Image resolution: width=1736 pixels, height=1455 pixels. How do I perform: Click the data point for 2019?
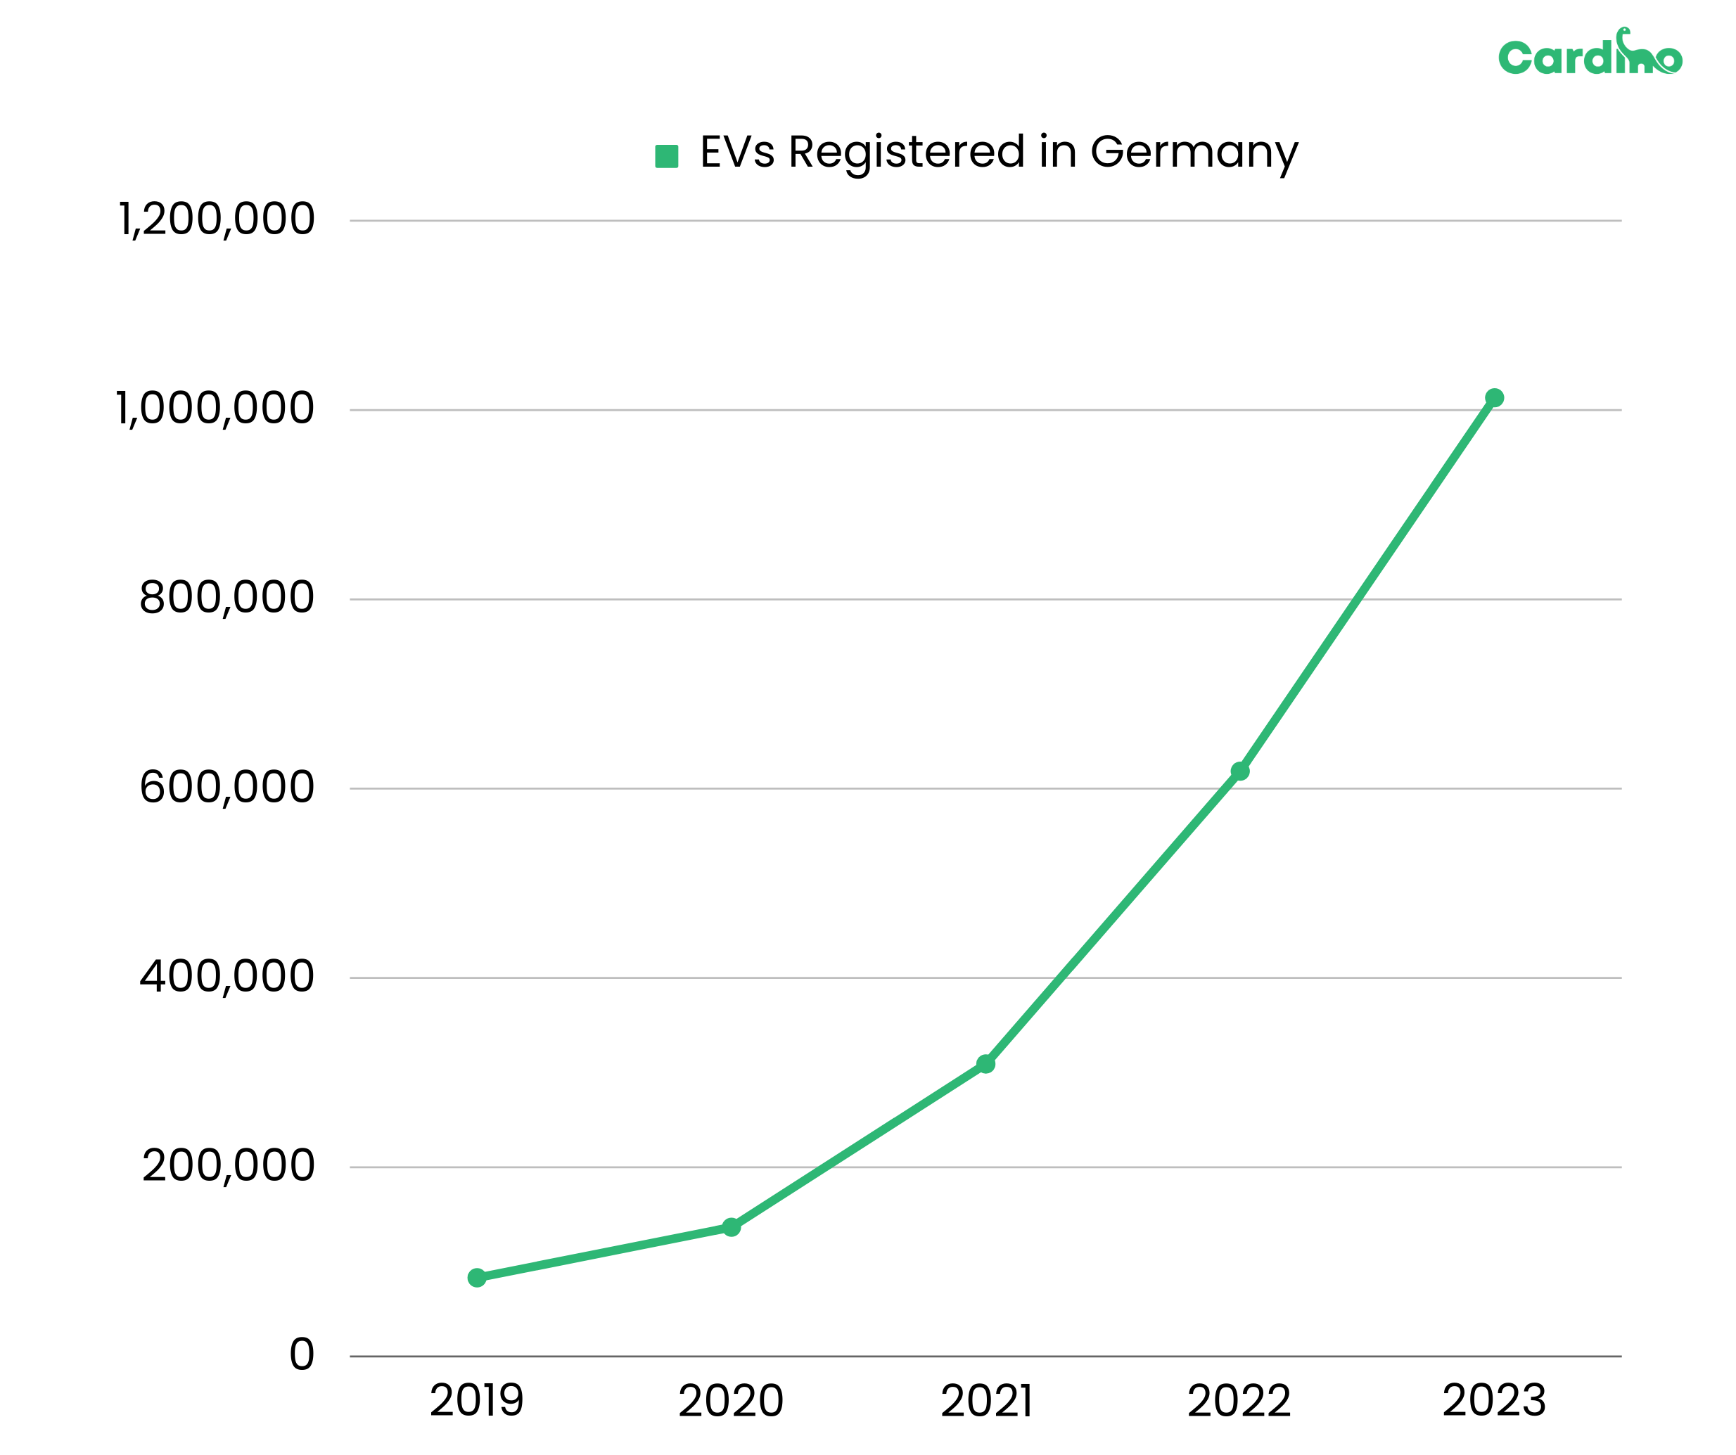click(x=477, y=1277)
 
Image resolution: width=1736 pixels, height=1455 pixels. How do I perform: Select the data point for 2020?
click(x=732, y=1227)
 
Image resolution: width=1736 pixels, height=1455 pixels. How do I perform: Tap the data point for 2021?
click(x=985, y=1064)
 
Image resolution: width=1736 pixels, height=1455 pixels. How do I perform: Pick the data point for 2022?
click(x=1240, y=771)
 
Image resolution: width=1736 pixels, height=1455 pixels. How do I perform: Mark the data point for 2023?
click(x=1495, y=397)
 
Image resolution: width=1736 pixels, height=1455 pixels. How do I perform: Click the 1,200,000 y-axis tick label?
click(x=217, y=220)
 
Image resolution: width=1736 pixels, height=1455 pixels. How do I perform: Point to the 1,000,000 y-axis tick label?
click(x=215, y=409)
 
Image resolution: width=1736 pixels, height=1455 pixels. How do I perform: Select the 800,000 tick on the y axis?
click(x=226, y=598)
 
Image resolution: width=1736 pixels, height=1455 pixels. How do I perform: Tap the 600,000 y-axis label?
click(x=226, y=787)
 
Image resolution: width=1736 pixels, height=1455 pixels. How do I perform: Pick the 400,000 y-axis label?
click(x=226, y=976)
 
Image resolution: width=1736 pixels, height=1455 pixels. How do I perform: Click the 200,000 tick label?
click(x=228, y=1166)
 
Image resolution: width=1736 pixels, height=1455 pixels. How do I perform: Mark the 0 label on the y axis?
click(x=302, y=1355)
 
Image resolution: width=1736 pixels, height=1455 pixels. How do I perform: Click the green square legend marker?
click(x=666, y=155)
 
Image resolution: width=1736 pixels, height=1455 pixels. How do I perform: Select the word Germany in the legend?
click(x=1194, y=153)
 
